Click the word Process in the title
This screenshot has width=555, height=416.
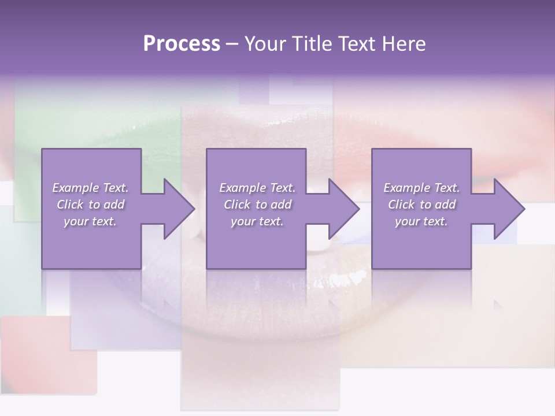point(182,44)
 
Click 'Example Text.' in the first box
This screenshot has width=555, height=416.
point(91,188)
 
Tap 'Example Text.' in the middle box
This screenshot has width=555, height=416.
point(257,188)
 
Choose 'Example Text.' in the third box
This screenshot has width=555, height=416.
point(421,188)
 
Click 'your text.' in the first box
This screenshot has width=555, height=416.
point(90,221)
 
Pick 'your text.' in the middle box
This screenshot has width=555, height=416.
point(257,221)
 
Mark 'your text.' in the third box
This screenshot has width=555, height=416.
point(421,221)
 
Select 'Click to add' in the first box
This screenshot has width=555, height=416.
point(91,205)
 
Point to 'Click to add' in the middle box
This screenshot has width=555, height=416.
point(257,205)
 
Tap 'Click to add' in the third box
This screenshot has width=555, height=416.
point(421,205)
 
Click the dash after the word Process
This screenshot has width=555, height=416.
point(232,44)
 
